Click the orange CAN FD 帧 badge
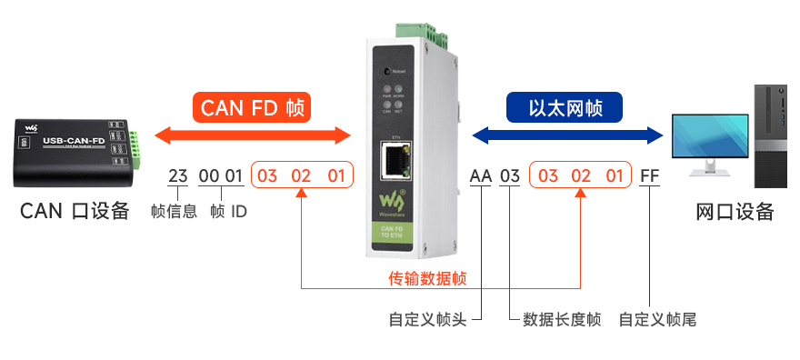click(x=252, y=107)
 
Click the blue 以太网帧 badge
click(x=565, y=107)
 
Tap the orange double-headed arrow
click(x=252, y=136)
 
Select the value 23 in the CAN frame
click(x=177, y=175)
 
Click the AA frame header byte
click(x=480, y=175)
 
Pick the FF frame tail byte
click(x=649, y=175)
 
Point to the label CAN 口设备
click(x=75, y=212)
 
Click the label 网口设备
click(x=735, y=212)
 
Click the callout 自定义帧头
click(x=427, y=320)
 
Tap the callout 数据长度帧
click(x=561, y=320)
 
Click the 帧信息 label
click(x=174, y=212)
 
